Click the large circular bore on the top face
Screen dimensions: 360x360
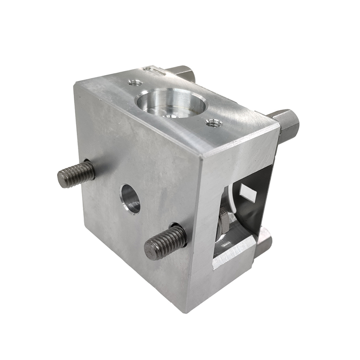pyautogui.click(x=171, y=103)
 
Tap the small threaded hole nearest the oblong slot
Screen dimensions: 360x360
pyautogui.click(x=135, y=83)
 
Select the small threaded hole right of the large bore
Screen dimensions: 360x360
pyautogui.click(x=213, y=122)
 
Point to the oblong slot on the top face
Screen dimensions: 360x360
pyautogui.click(x=153, y=71)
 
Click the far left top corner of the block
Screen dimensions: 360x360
pyautogui.click(x=75, y=84)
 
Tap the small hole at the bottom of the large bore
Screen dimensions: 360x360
pyautogui.click(x=170, y=115)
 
